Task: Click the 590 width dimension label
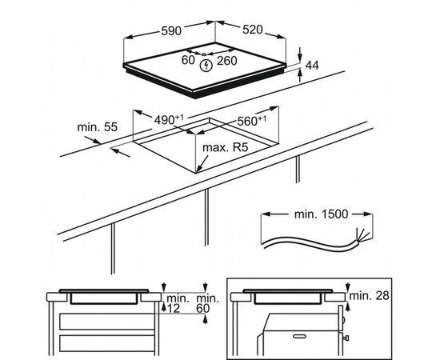pos(171,30)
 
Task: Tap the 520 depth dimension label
pos(253,30)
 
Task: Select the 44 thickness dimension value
pos(312,66)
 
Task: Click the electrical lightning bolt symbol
pos(206,66)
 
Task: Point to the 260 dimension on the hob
pos(227,61)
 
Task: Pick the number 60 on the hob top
pos(188,60)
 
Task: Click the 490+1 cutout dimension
pos(169,120)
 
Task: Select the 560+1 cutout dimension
pos(252,121)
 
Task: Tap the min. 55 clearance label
pos(98,127)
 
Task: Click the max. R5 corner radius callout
pos(226,147)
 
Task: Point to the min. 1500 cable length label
pos(321,214)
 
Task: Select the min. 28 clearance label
pos(370,295)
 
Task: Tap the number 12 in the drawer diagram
pos(174,308)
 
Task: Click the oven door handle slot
pos(299,336)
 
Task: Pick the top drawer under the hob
pos(107,322)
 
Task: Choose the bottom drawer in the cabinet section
pos(107,343)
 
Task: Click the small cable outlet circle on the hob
pos(204,54)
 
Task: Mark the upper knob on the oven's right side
pos(344,319)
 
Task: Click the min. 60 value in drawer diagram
pos(207,303)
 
